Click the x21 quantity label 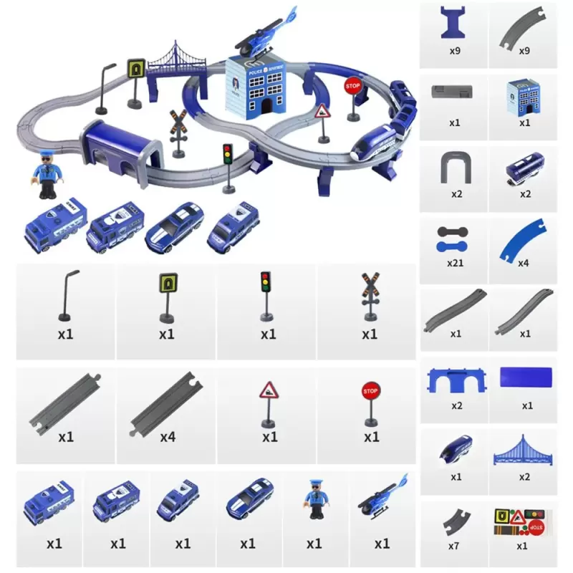pos(455,263)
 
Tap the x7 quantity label pos(453,546)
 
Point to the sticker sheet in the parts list pos(524,520)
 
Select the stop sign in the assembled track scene pos(352,89)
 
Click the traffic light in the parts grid pos(266,294)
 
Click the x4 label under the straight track pos(167,436)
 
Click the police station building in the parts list pos(524,97)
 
